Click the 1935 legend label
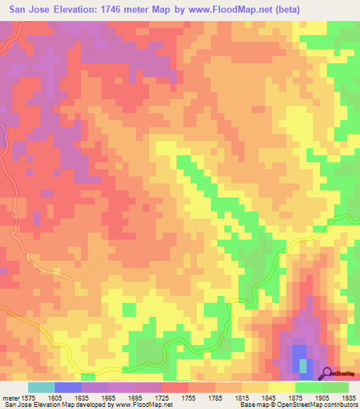pyautogui.click(x=347, y=398)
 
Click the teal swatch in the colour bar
pyautogui.click(x=41, y=387)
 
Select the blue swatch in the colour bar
pyautogui.click(x=67, y=387)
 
